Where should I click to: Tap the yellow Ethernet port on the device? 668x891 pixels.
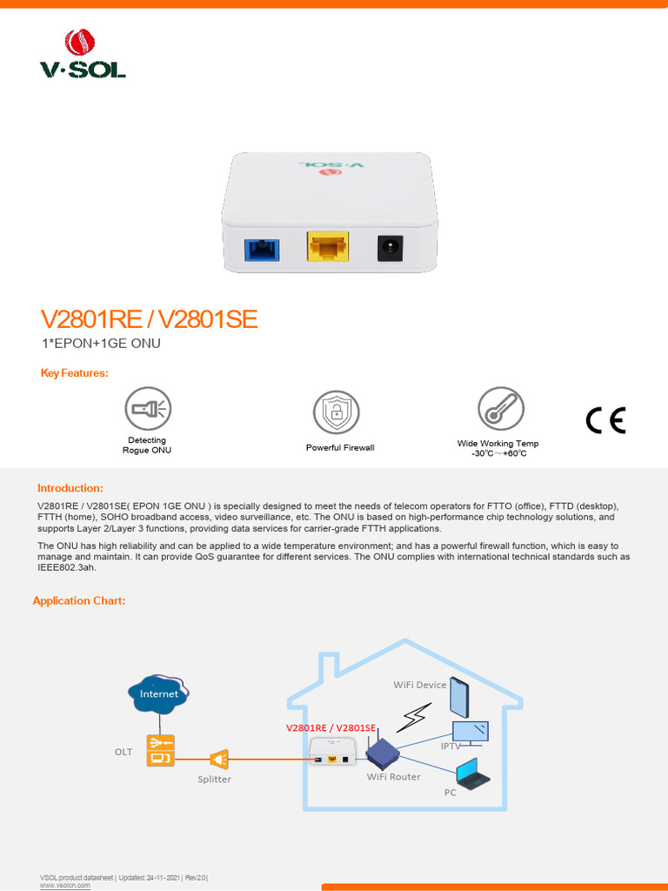tap(328, 247)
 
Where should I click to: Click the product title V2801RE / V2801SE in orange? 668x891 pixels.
tap(150, 319)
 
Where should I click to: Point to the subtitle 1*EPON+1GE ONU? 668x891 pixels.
tap(101, 344)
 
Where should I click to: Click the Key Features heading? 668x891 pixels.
tap(75, 373)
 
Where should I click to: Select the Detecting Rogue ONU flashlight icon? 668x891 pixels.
tap(147, 409)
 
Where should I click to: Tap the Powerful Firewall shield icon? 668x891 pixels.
tap(335, 412)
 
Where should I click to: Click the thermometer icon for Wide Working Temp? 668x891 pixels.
tap(500, 409)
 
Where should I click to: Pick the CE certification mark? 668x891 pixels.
tap(605, 420)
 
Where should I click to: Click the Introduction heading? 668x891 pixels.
tap(70, 488)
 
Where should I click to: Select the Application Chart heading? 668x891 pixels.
tap(79, 601)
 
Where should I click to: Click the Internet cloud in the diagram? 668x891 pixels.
tap(158, 693)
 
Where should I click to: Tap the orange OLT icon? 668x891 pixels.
tap(160, 750)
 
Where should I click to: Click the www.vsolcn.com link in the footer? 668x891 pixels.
tap(65, 886)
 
